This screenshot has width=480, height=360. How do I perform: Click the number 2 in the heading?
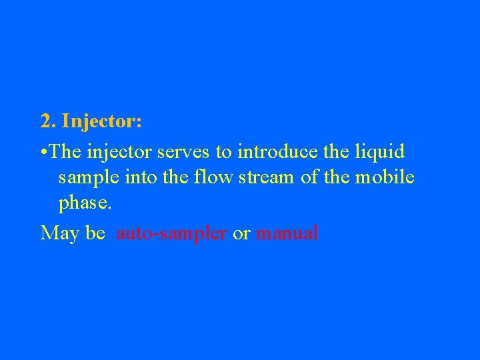click(46, 122)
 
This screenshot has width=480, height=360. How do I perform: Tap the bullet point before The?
click(43, 152)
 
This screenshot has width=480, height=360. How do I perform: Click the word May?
click(59, 233)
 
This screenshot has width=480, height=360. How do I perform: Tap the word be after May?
click(95, 233)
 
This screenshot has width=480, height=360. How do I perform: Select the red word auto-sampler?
click(171, 233)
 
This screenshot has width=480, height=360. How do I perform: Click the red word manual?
click(287, 233)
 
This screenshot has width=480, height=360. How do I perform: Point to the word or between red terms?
click(241, 233)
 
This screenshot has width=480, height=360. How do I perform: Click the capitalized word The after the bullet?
click(65, 151)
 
